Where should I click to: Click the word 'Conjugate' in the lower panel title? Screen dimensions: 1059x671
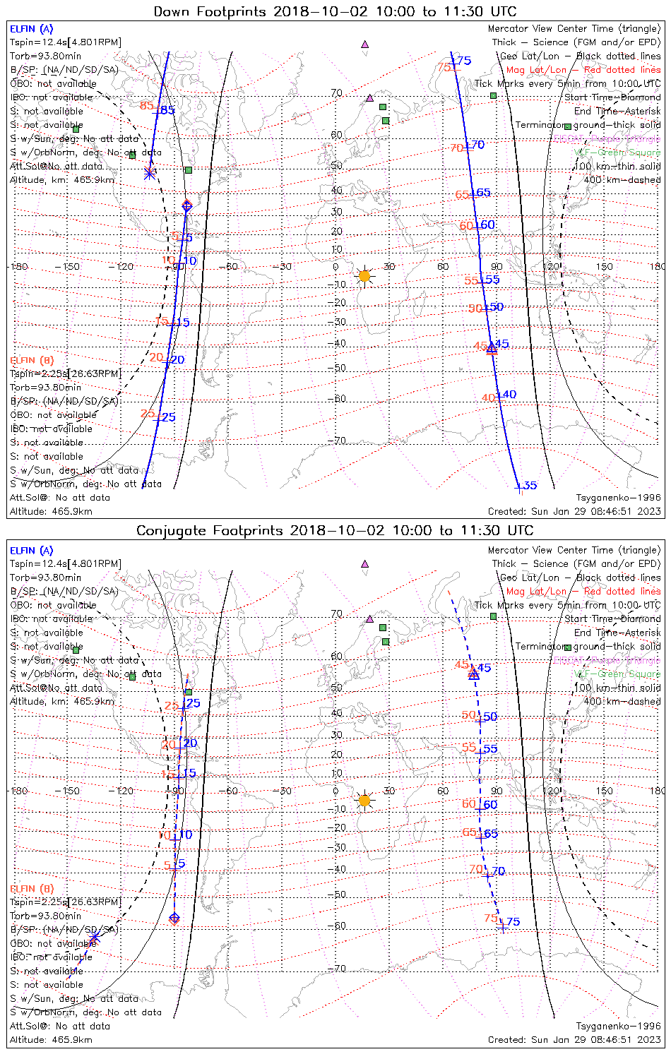click(x=166, y=531)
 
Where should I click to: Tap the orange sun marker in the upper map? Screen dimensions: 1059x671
click(x=364, y=276)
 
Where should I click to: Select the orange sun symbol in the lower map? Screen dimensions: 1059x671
click(x=364, y=801)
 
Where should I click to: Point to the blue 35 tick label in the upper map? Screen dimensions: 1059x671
click(x=530, y=485)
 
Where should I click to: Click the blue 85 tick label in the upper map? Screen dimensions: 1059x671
click(x=167, y=110)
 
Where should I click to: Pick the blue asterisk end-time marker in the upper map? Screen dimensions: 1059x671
click(x=149, y=172)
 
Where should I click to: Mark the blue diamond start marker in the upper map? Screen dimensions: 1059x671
click(x=186, y=206)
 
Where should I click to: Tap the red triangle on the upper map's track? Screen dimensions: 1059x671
click(x=492, y=349)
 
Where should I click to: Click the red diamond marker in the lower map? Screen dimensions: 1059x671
click(x=174, y=919)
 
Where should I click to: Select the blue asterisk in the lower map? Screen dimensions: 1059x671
click(x=94, y=938)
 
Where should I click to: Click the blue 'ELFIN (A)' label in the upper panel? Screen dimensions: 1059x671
click(x=31, y=29)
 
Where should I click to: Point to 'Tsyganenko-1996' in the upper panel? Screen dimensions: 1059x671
click(x=618, y=498)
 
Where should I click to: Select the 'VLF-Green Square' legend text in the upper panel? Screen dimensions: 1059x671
click(x=617, y=152)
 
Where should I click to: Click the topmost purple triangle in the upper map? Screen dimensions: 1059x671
click(x=364, y=44)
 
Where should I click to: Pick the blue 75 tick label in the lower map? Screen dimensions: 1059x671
click(x=513, y=921)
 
